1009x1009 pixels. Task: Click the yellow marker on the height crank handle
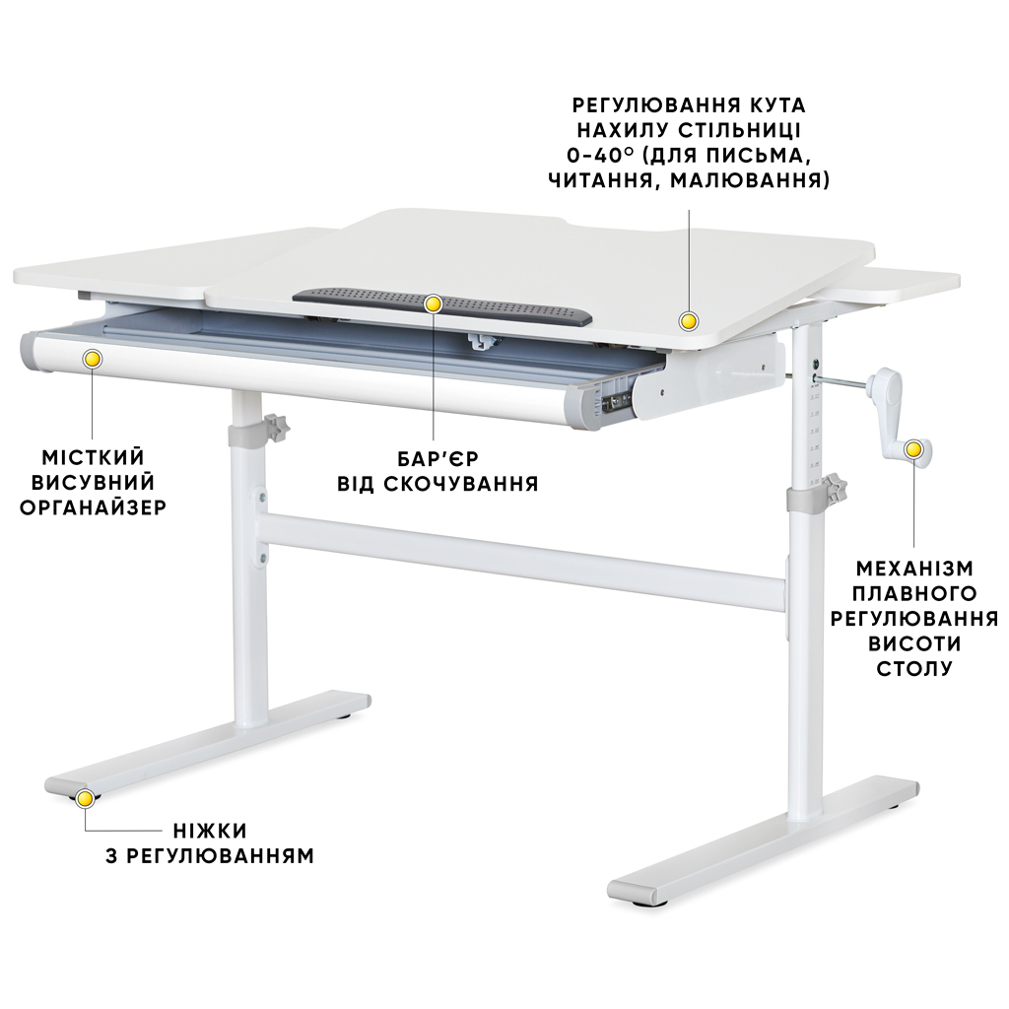pyautogui.click(x=913, y=449)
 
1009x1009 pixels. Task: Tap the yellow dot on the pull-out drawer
pyautogui.click(x=93, y=359)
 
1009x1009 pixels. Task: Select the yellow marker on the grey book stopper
pyautogui.click(x=434, y=303)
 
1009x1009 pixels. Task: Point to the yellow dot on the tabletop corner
pyautogui.click(x=690, y=321)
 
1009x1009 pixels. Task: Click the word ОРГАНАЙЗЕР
pyautogui.click(x=94, y=507)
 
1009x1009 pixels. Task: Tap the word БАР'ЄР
pyautogui.click(x=437, y=459)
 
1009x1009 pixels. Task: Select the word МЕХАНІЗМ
pyautogui.click(x=914, y=569)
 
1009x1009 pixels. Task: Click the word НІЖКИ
pyautogui.click(x=210, y=831)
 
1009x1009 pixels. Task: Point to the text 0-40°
pyautogui.click(x=603, y=155)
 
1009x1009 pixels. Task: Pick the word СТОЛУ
pyautogui.click(x=914, y=669)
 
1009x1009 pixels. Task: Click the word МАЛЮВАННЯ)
pyautogui.click(x=750, y=180)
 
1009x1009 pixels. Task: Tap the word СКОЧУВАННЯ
pyautogui.click(x=461, y=484)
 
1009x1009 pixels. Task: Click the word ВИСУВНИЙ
pyautogui.click(x=94, y=483)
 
